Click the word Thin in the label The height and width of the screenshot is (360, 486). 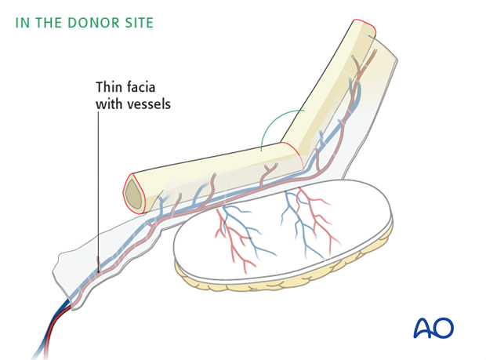click(x=109, y=88)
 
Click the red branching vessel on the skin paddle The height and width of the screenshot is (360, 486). click(x=235, y=231)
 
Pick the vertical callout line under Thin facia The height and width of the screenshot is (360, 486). click(x=97, y=180)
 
